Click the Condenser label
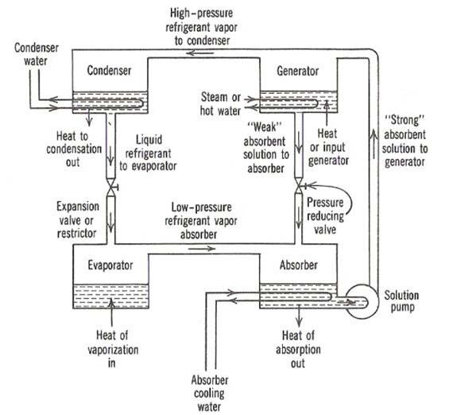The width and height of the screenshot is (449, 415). coord(109,71)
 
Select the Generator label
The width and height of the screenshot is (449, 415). coord(298,71)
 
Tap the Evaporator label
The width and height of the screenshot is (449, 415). coord(110,265)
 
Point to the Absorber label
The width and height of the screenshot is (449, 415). coord(299,265)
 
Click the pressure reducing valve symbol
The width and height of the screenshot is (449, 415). coord(299,186)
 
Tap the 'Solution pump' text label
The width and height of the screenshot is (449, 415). coord(401,301)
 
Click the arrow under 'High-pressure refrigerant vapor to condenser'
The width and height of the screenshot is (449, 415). coord(199,53)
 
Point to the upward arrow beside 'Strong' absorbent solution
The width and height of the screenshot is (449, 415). coord(374,143)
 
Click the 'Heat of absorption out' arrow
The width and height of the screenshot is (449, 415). coord(300,316)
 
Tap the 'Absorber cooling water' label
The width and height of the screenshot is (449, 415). coord(209,394)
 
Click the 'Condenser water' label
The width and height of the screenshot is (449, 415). coord(37,54)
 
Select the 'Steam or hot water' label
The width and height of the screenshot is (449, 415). coord(220,103)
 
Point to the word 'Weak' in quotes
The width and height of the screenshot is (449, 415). coord(265,127)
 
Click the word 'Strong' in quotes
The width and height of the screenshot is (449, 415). coord(404,120)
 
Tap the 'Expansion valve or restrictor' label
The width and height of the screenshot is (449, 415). coord(77,220)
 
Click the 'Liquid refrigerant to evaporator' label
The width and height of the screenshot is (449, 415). coord(148,153)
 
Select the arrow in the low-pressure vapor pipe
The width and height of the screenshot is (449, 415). coord(202,249)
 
